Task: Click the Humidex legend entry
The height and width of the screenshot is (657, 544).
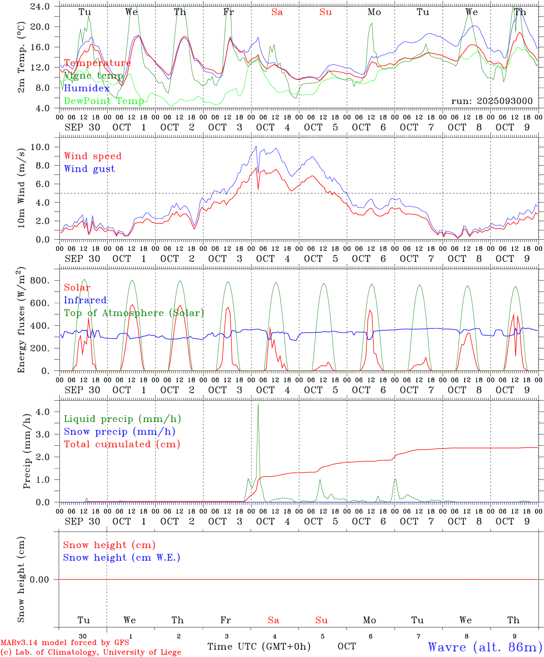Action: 87,89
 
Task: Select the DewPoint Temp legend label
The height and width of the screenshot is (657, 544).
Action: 104,101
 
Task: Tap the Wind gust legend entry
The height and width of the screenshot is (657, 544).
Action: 89,169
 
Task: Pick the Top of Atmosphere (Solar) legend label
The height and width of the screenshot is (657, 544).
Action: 133,313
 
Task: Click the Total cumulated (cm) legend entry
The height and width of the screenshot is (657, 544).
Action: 122,444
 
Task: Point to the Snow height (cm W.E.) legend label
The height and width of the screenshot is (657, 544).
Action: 121,558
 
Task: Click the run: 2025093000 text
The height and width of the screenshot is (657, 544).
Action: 492,101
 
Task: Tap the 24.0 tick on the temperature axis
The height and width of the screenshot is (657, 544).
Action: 40,6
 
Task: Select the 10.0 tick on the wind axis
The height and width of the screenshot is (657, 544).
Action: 40,147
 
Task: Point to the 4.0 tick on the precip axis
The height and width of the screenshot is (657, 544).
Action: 43,412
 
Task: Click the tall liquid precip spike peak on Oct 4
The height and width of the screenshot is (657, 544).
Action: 258,404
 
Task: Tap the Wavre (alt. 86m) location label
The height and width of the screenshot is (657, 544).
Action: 485,647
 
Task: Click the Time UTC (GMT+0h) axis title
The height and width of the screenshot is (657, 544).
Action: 259,647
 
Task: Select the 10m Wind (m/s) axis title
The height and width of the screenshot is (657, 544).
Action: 21,188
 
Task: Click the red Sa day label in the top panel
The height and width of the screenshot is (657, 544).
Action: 277,12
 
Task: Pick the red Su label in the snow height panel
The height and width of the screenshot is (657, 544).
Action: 321,620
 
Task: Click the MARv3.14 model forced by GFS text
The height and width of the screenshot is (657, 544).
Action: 65,643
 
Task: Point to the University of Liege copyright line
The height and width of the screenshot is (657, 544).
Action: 91,652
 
